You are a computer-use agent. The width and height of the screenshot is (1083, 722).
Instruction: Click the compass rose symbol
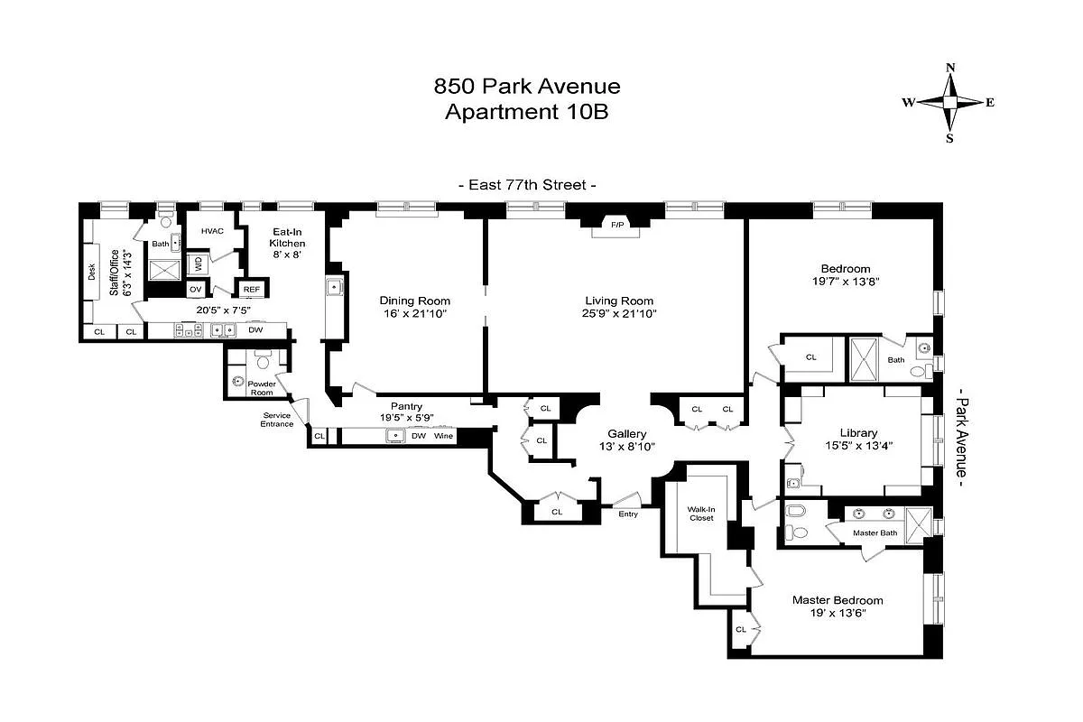[949, 103]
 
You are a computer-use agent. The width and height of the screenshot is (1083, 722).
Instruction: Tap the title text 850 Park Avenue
[528, 87]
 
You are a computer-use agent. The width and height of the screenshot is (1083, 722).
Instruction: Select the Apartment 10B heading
[528, 112]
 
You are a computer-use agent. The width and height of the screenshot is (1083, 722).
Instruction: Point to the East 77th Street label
[528, 185]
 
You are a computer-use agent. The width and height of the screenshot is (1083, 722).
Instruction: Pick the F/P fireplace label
[617, 224]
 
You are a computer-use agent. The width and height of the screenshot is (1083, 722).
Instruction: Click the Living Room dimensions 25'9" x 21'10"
[618, 314]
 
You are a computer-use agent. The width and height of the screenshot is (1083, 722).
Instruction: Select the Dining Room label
[414, 301]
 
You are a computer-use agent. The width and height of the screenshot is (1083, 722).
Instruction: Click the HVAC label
[212, 231]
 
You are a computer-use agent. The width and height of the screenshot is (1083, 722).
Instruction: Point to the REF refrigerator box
[250, 290]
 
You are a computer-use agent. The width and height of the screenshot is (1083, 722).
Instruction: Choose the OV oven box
[195, 290]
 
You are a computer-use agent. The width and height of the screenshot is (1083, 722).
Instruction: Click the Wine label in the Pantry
[443, 436]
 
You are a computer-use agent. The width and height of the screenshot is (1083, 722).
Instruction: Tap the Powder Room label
[261, 388]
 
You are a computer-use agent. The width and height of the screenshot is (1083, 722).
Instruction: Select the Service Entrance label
[277, 419]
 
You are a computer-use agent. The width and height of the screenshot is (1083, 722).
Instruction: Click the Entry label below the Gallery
[628, 514]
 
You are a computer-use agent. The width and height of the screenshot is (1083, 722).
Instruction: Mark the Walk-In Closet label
[701, 513]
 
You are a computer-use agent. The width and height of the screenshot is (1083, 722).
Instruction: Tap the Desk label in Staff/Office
[92, 272]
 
